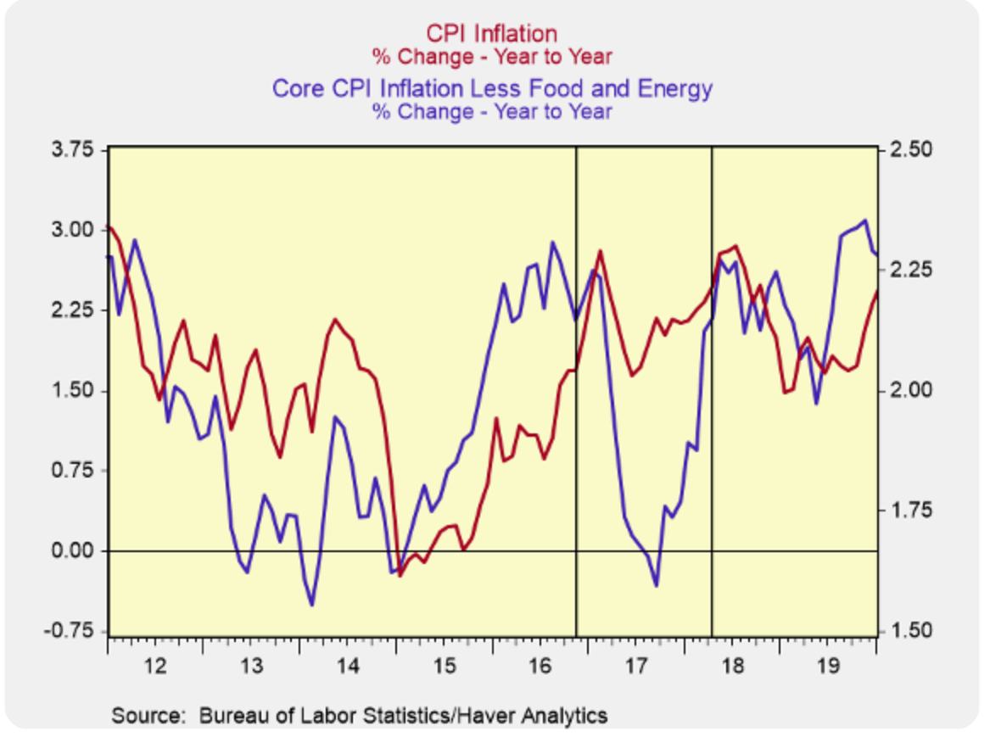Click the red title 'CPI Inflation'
coord(491,33)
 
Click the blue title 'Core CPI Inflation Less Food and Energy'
coord(491,87)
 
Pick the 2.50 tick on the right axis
coord(912,150)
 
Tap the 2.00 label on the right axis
coord(912,391)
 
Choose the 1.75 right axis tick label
coord(912,511)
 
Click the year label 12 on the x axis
coord(154,665)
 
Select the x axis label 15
coord(444,665)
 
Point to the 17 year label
coord(636,665)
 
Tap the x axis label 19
coord(829,665)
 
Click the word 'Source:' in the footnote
coord(148,715)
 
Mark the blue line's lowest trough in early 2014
coord(312,605)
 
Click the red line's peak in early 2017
coord(601,251)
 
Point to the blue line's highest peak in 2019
coord(864,221)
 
